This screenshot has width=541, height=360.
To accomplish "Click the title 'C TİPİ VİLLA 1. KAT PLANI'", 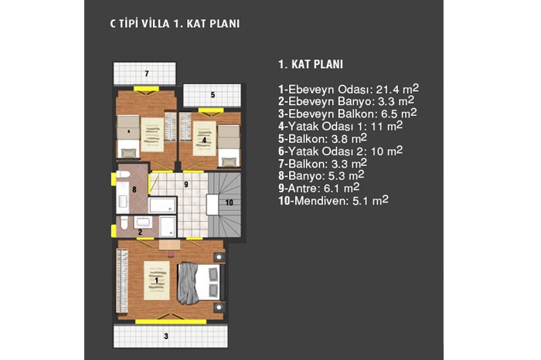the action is tap(175, 23).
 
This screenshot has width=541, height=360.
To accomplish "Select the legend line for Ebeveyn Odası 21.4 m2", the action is tap(349, 89).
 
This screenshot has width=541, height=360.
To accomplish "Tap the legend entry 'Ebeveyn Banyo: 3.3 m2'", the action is tap(346, 101).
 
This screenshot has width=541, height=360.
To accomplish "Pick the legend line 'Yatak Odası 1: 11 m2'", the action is tap(341, 126).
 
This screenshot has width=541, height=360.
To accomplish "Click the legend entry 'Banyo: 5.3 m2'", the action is tap(322, 175).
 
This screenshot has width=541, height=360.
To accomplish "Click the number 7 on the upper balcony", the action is tap(147, 73).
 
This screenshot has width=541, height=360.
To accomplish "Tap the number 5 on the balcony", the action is tap(213, 94).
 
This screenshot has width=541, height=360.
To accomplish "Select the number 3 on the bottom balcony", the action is tap(166, 336).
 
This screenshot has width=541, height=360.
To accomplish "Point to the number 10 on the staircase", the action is tap(229, 202).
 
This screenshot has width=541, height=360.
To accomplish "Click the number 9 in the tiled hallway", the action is tap(186, 185).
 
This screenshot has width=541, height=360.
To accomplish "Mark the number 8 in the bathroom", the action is tap(134, 189).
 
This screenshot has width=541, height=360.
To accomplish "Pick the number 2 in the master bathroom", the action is tap(140, 232).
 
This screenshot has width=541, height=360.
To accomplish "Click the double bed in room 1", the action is tap(199, 283).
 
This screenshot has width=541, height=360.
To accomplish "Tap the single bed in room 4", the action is tap(229, 146).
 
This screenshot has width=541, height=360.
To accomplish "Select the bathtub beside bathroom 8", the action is tap(162, 205).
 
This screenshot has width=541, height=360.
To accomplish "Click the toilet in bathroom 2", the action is tap(124, 222).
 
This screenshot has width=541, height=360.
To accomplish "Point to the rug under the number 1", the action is tap(157, 280).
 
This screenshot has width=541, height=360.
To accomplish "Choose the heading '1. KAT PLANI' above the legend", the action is tap(311, 64).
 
